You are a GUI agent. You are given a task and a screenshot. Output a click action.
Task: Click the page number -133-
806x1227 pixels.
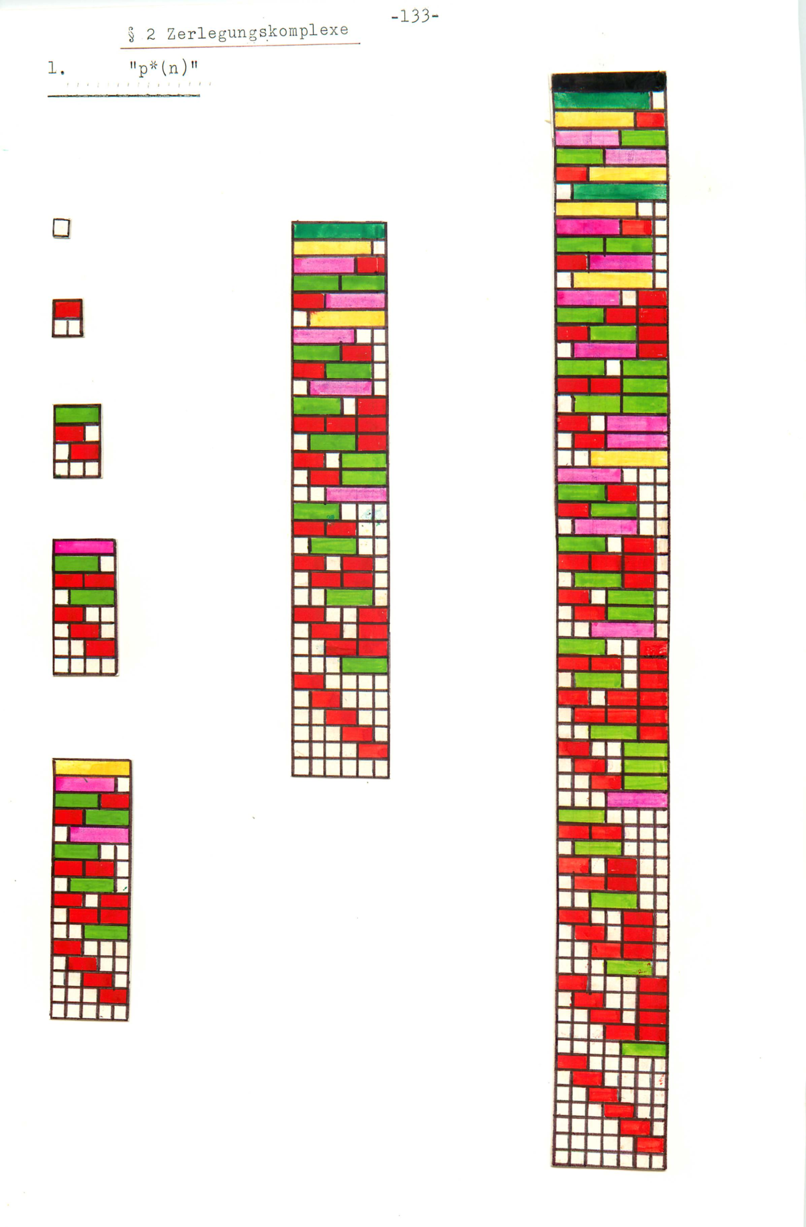(414, 17)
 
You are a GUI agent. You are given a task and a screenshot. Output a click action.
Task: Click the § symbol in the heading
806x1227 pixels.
(132, 35)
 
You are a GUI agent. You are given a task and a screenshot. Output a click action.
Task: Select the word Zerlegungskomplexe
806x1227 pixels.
(258, 32)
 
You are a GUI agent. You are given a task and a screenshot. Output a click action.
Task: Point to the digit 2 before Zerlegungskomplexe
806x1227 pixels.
(151, 34)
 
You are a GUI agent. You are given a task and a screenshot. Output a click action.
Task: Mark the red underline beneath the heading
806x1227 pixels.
(240, 44)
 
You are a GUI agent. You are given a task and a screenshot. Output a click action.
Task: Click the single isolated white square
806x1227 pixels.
(61, 229)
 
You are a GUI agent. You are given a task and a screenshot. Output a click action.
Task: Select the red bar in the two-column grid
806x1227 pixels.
(68, 310)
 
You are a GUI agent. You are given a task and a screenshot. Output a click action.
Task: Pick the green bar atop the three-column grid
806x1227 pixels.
(77, 414)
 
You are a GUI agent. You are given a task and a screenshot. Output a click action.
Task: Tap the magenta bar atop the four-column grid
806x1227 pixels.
(85, 547)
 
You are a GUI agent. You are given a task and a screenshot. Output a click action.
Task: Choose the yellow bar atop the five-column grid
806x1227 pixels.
(92, 767)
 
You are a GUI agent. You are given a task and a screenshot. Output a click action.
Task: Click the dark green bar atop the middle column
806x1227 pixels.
(339, 230)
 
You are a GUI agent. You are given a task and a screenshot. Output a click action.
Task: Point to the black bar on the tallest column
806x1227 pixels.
(609, 82)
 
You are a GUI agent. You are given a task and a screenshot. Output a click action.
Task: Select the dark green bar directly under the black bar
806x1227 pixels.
(602, 101)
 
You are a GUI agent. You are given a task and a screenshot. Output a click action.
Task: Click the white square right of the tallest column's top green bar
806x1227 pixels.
(658, 101)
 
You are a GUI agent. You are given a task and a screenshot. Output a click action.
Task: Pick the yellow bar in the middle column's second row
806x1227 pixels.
(332, 247)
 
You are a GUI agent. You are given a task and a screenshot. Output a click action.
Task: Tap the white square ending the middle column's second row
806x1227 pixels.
(379, 247)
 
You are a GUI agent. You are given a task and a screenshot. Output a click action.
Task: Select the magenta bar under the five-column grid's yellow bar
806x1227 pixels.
(85, 784)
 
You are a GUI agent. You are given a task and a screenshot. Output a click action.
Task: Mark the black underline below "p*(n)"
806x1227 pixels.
(124, 96)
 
